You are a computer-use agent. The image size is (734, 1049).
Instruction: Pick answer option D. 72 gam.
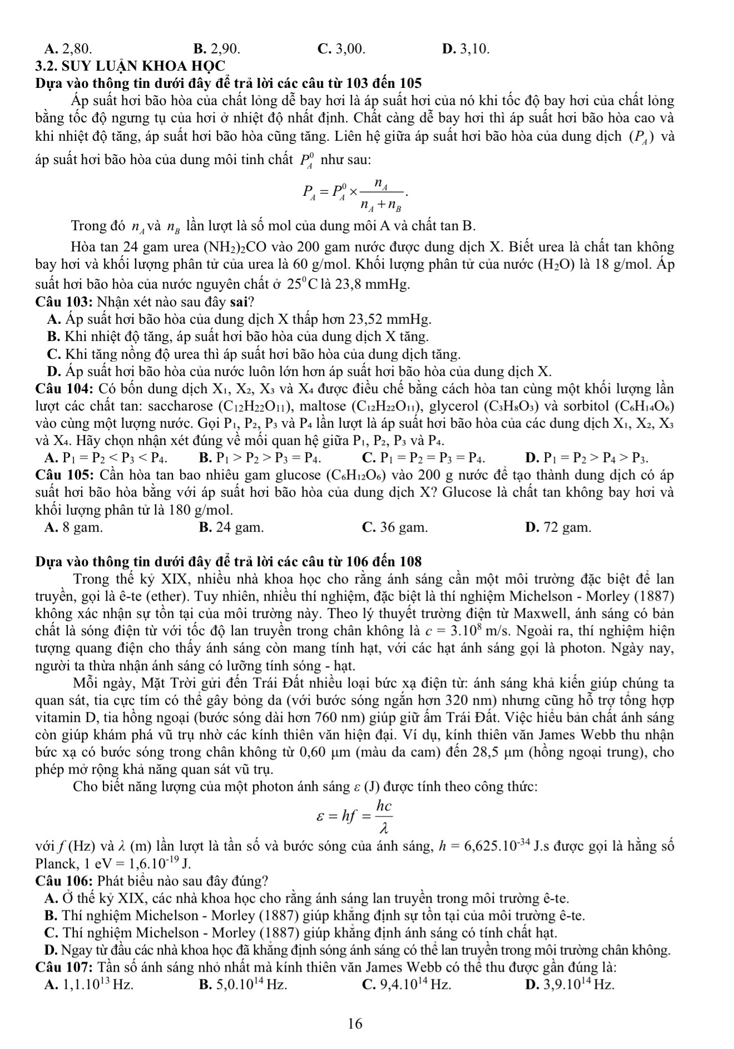(x=558, y=527)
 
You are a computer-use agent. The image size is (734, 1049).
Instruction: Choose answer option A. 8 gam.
(x=73, y=527)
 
